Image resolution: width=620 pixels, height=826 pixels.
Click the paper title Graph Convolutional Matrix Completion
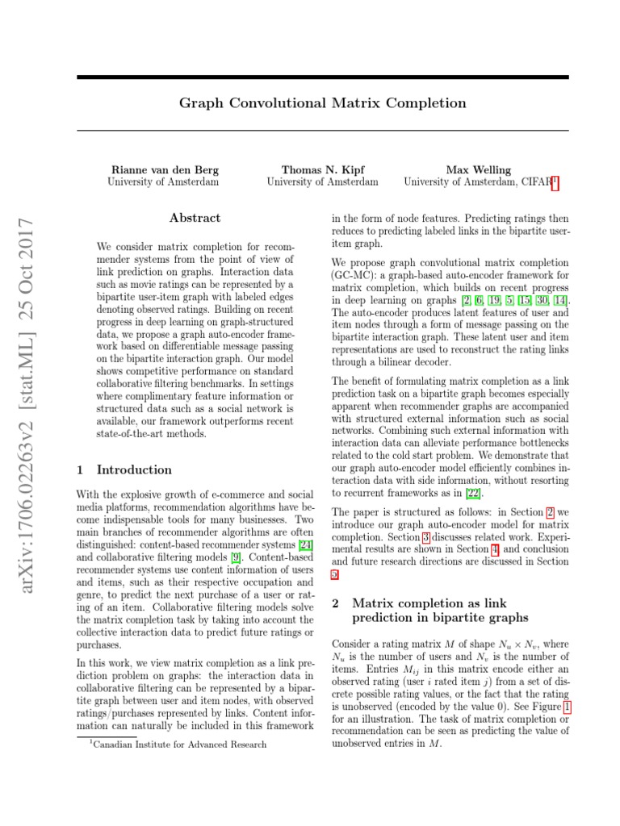tap(322, 103)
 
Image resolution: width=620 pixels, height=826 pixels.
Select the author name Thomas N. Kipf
tap(322, 170)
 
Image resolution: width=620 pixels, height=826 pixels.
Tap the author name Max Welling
tap(478, 170)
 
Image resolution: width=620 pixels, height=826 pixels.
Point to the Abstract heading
tap(195, 218)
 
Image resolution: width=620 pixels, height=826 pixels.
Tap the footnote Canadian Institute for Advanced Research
tap(179, 744)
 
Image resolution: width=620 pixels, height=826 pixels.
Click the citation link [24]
tap(305, 544)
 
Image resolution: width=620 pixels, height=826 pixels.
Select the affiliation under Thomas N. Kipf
tap(322, 182)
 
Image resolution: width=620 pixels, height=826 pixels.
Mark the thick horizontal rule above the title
tap(322, 78)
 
